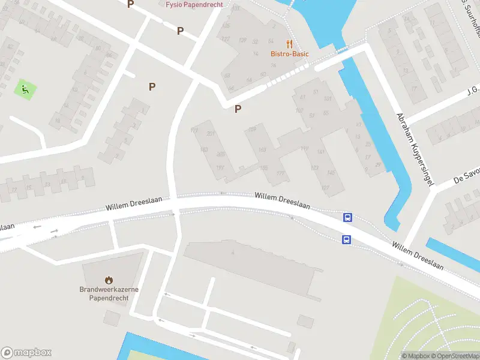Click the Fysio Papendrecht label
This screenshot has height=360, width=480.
[194, 4]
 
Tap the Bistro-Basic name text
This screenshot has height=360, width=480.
[289, 54]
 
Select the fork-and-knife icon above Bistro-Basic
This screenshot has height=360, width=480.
[289, 44]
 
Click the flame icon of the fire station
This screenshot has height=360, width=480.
[109, 280]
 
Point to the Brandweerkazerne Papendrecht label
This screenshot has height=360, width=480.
[109, 293]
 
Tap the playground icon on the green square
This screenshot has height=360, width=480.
[25, 90]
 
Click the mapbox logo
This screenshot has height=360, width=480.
[26, 353]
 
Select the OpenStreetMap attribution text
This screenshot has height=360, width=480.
[456, 356]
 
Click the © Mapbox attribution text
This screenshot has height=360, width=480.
[415, 356]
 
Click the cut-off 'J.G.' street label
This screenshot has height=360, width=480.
[473, 89]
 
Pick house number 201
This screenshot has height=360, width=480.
[210, 133]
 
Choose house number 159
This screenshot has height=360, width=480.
[252, 129]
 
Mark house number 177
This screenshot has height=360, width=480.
[280, 173]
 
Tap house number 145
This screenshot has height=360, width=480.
[330, 172]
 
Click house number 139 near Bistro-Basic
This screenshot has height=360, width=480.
[242, 40]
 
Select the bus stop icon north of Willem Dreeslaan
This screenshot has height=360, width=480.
[347, 218]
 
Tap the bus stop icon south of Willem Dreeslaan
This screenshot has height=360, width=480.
[346, 240]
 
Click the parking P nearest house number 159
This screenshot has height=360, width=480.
[238, 109]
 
